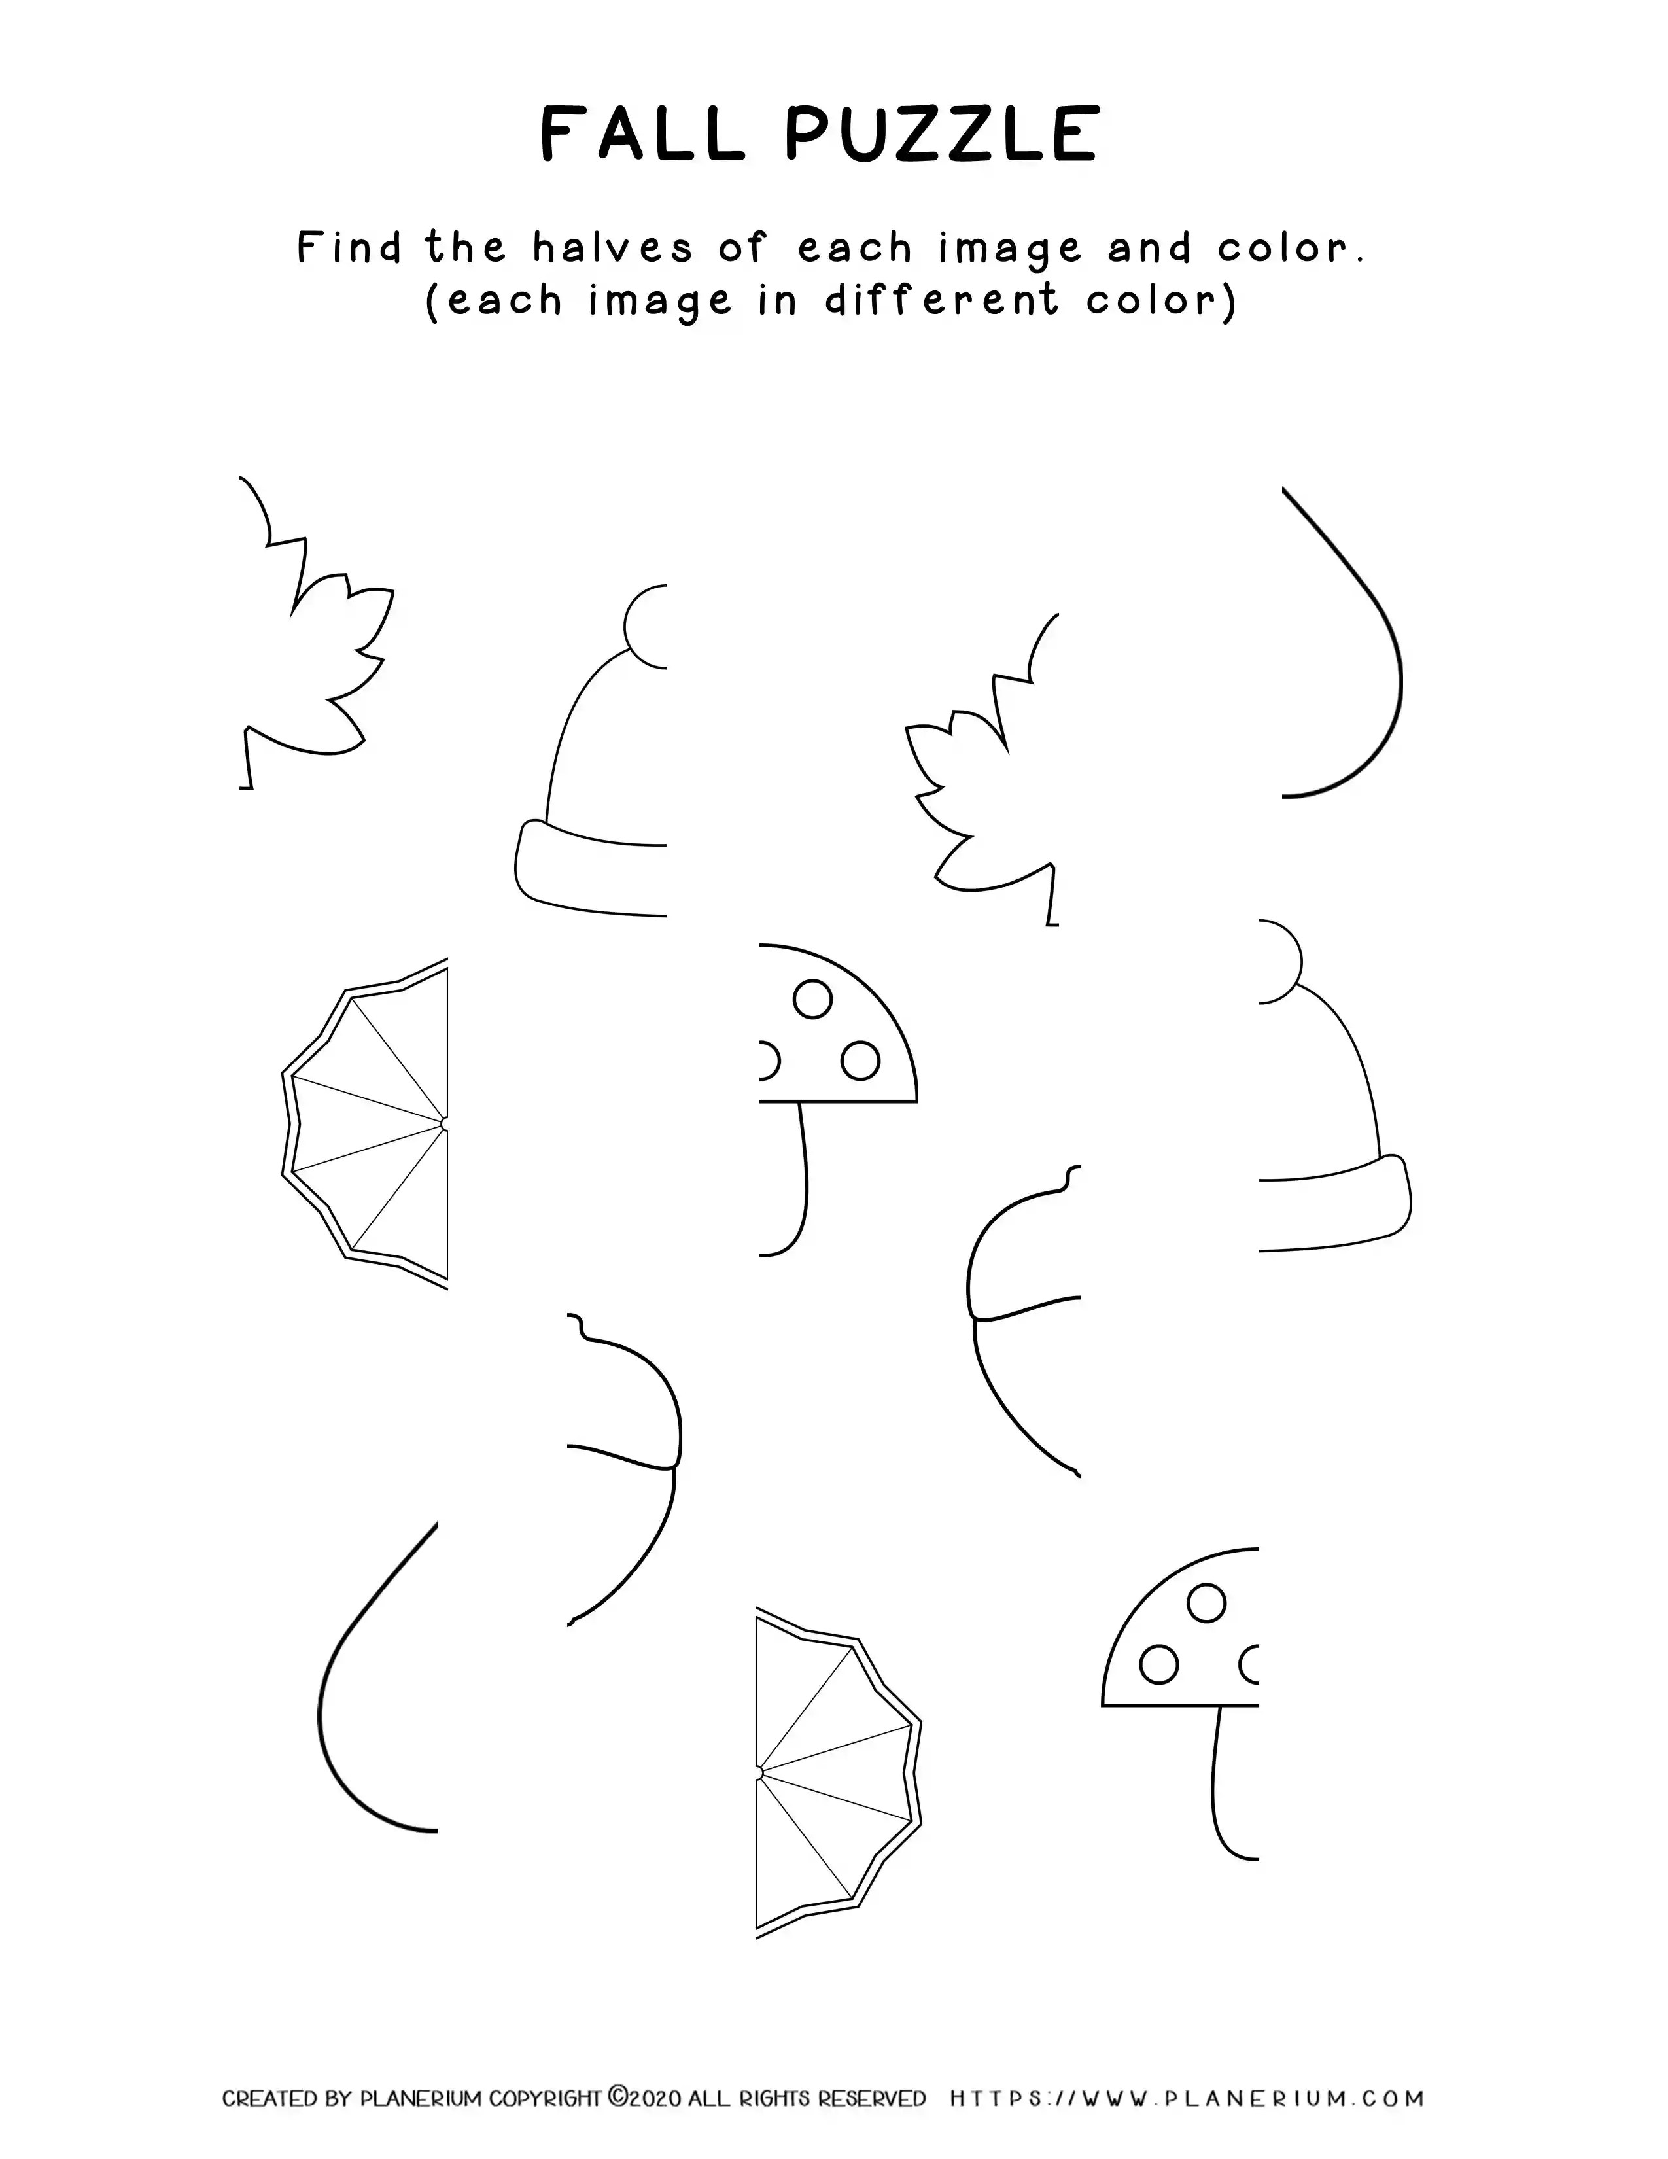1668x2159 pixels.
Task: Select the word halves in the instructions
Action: click(x=613, y=247)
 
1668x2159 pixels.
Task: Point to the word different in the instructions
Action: click(x=942, y=300)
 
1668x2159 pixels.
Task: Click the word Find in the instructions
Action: click(x=350, y=247)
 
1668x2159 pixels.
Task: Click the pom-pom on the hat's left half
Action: click(x=645, y=625)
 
